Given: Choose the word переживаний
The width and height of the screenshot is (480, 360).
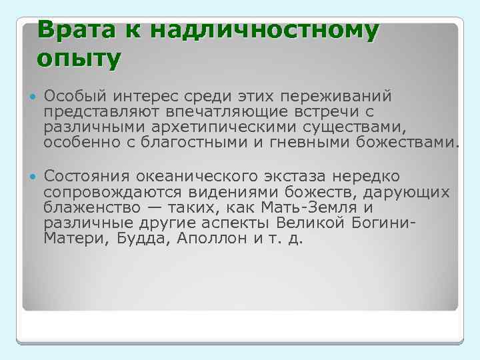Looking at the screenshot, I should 345,99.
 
